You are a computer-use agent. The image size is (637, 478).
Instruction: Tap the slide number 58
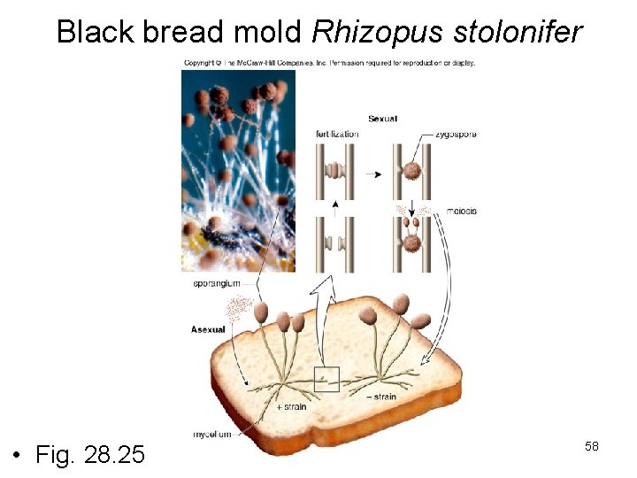pos(592,446)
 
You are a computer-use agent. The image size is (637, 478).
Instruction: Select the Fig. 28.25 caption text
pos(90,455)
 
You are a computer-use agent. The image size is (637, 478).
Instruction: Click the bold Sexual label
pos(382,118)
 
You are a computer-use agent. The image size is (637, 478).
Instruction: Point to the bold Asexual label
pos(208,329)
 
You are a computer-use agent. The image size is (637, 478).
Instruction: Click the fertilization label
pos(337,134)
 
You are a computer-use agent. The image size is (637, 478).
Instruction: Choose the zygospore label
pos(456,134)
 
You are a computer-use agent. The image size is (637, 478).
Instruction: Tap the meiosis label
pos(462,211)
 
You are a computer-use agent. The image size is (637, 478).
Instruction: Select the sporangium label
pos(216,283)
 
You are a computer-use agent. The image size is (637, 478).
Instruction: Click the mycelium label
pos(213,434)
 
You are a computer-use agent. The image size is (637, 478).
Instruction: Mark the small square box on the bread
pos(326,379)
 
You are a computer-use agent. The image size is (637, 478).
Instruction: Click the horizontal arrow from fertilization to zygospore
pos(373,174)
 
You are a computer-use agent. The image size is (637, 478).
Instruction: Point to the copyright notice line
pos(329,63)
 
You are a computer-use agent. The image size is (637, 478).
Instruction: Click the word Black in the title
pos(94,33)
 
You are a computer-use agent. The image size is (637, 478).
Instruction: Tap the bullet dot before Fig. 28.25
pos(17,457)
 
